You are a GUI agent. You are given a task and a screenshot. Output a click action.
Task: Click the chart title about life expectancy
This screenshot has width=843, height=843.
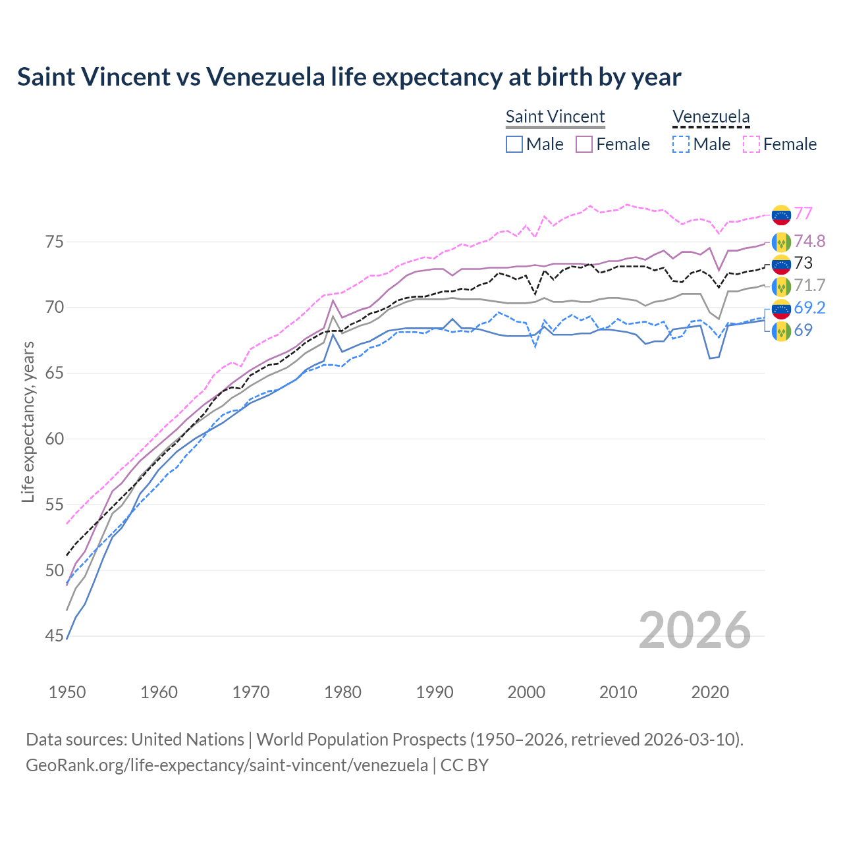(349, 77)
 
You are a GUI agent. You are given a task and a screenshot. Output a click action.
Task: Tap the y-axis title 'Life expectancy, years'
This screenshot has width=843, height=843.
(28, 421)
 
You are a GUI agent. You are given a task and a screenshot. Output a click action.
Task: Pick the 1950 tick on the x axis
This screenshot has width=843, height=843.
(67, 692)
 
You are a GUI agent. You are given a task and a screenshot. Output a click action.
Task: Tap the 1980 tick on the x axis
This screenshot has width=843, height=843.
(343, 692)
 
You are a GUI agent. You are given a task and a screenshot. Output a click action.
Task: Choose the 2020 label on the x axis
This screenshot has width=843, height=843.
(711, 692)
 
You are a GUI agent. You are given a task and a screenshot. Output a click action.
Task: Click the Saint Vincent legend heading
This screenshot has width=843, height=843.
(555, 117)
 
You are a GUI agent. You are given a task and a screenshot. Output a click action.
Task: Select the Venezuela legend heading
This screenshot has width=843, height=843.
(711, 117)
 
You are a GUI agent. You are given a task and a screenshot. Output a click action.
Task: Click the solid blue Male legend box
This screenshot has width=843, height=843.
(514, 144)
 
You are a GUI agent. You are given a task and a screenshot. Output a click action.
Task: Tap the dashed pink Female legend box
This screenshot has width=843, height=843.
(751, 144)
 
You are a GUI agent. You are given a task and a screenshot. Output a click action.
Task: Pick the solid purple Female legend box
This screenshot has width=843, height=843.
(584, 144)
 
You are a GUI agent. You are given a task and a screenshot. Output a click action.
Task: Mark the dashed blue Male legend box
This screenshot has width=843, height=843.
(681, 144)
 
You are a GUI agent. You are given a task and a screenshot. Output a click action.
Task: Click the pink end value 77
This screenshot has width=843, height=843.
(803, 213)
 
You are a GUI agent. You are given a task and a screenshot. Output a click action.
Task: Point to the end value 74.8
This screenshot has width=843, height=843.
(809, 241)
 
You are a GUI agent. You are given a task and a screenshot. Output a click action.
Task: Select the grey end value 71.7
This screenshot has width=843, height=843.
(809, 285)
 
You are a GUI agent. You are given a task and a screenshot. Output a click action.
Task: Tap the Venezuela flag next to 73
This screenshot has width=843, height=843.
(781, 264)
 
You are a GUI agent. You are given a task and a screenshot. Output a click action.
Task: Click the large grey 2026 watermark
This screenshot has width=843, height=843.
(694, 630)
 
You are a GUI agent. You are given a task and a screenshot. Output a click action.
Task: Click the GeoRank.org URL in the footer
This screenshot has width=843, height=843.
(227, 765)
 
